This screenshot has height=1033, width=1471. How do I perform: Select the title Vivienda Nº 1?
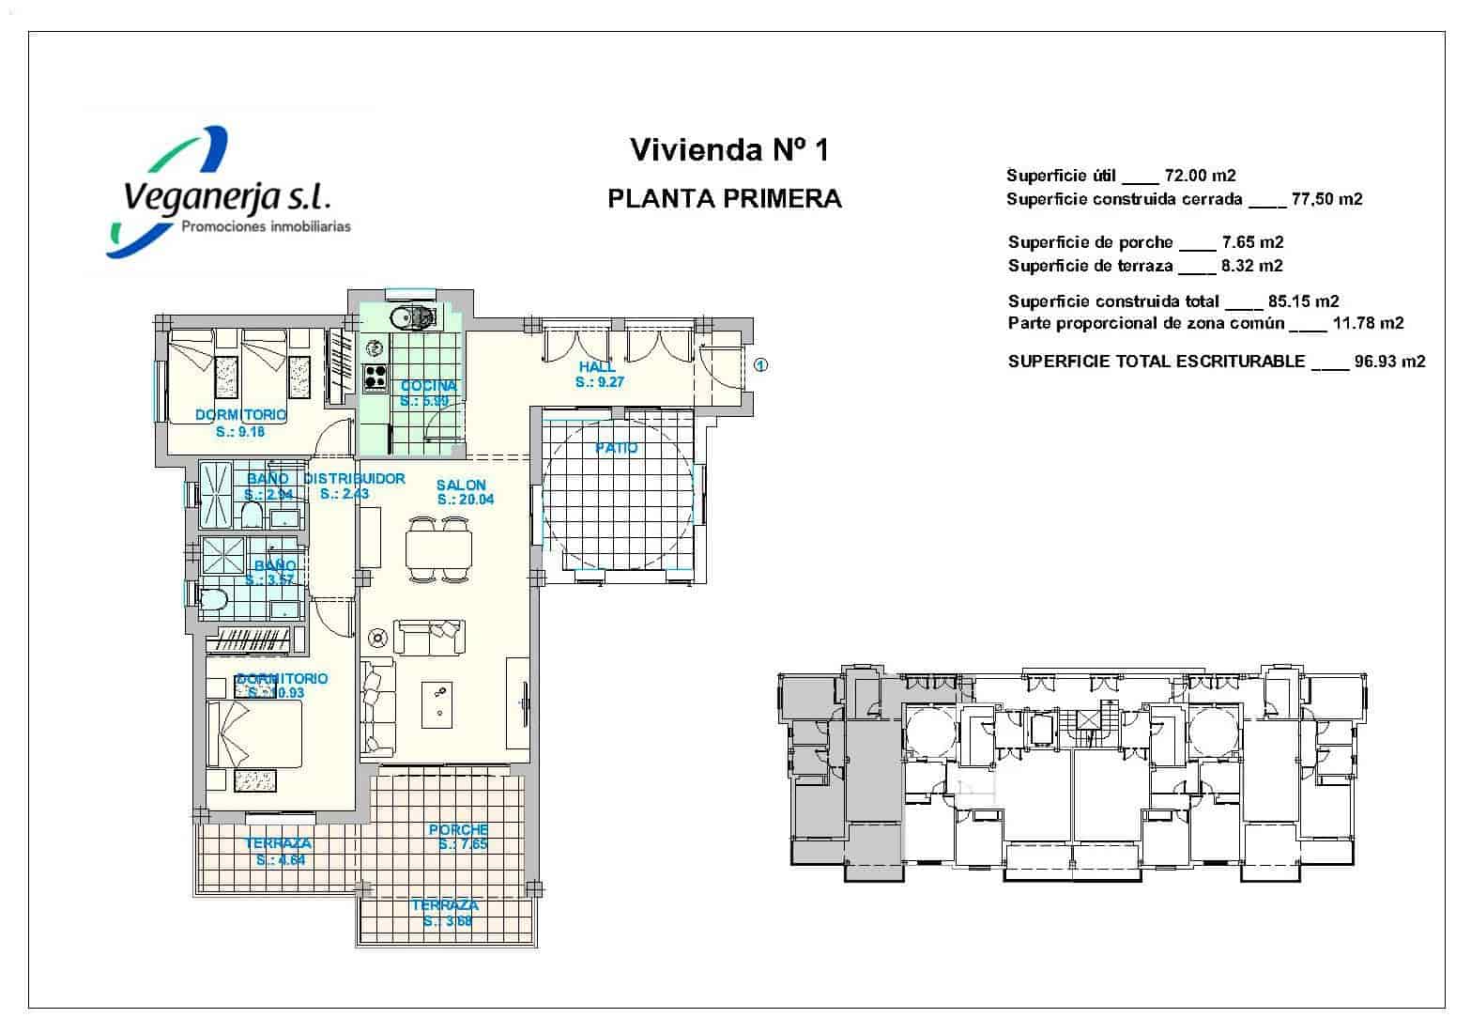pos(728,149)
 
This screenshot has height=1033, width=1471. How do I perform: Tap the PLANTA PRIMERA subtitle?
pos(725,199)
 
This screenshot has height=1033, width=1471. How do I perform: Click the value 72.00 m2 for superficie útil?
pos(1200,176)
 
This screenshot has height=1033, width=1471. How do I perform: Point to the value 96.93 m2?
pos(1389,362)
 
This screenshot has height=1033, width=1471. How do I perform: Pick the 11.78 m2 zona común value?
pos(1368,323)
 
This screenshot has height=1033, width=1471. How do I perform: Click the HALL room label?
pos(598,367)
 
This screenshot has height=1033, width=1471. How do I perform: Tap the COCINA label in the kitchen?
pos(428,386)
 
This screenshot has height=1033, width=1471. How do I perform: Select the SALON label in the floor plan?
pos(461,486)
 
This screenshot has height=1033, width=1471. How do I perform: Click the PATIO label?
pos(616,448)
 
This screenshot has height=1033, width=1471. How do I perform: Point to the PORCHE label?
pos(458,830)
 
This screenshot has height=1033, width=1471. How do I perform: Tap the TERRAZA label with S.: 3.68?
pos(445,905)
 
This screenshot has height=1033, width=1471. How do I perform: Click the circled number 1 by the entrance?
pos(761,365)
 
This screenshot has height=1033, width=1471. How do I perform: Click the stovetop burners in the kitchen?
pos(376,378)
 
